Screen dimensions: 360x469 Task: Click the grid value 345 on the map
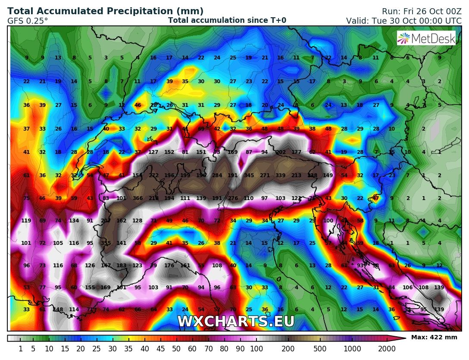click(x=249, y=175)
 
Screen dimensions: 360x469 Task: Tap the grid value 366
click(x=138, y=198)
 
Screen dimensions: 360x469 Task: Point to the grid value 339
click(x=281, y=175)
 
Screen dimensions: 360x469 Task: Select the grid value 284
click(x=217, y=175)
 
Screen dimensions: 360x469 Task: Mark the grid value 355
click(x=106, y=243)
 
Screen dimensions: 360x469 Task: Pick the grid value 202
click(x=281, y=152)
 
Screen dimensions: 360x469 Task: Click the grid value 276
click(x=233, y=198)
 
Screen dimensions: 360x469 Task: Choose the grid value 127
click(x=153, y=152)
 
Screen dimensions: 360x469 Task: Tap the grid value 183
click(x=122, y=266)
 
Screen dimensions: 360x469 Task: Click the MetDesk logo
click(x=426, y=38)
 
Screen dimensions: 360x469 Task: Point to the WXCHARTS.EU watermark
click(x=235, y=322)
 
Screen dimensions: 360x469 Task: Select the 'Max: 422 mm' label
click(x=434, y=337)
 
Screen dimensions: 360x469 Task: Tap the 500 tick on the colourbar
click(x=320, y=348)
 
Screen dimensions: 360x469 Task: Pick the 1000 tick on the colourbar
click(x=353, y=348)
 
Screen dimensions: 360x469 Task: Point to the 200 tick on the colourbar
click(x=288, y=348)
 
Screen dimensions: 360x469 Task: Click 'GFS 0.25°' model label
click(x=28, y=20)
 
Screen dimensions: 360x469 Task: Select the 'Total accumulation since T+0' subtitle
click(x=227, y=20)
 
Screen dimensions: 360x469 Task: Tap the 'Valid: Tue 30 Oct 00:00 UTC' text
click(x=403, y=20)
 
